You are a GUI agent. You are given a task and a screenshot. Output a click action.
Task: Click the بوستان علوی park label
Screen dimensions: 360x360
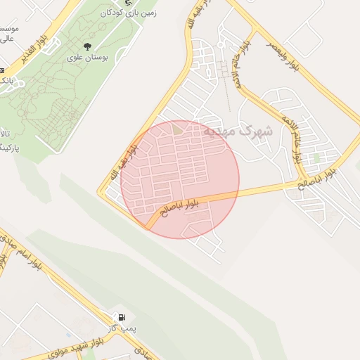[87, 58]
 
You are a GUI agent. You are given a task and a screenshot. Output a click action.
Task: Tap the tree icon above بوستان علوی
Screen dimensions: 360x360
[87, 46]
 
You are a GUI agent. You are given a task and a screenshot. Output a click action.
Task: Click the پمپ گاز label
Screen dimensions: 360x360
[127, 329]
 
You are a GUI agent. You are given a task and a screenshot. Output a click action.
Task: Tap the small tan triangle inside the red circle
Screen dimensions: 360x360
[177, 129]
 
